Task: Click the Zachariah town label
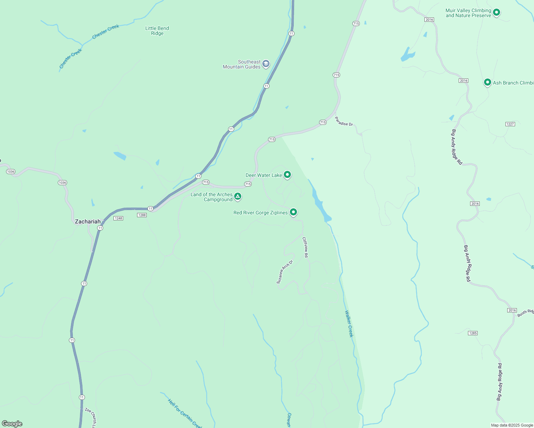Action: point(88,221)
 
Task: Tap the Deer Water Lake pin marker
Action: point(287,175)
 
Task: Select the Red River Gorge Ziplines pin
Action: point(293,212)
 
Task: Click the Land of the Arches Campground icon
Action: point(238,196)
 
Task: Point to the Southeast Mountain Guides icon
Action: point(266,64)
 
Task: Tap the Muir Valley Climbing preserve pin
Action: point(496,13)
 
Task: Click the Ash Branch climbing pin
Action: point(487,82)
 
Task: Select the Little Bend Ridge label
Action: point(157,31)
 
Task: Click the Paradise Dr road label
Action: point(344,122)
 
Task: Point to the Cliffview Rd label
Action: point(305,247)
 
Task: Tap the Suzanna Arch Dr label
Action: point(284,272)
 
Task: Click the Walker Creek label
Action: point(349,323)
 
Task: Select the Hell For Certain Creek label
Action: point(185,413)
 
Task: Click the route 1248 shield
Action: point(118,218)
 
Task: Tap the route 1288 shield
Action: point(142,215)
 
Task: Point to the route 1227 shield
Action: point(510,124)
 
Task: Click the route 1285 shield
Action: point(473,333)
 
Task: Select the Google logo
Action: point(12,424)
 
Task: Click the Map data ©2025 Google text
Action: point(512,425)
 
